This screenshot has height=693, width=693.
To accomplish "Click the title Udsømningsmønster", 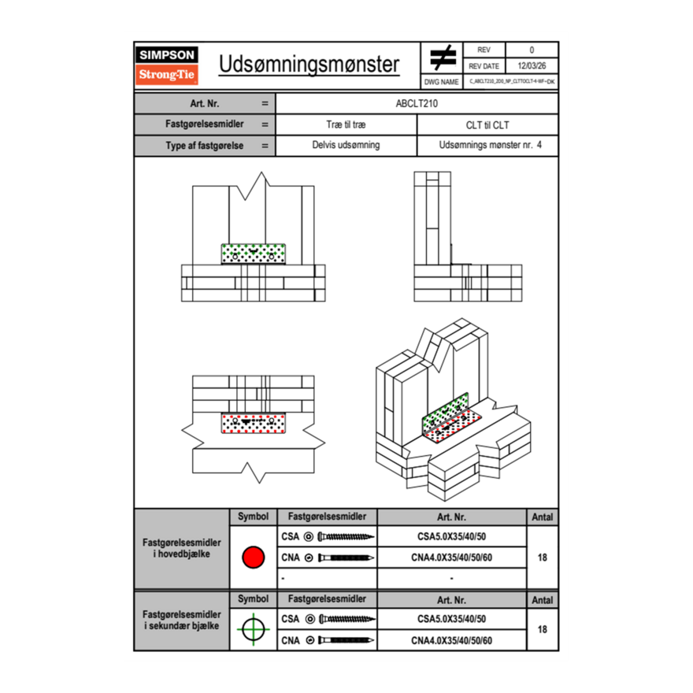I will point(309,65).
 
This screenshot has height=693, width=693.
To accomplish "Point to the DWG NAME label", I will point(441,81).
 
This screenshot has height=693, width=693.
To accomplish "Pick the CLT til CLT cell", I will point(487,124).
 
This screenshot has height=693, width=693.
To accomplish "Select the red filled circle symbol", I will point(253,558).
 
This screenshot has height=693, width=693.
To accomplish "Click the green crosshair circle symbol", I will point(253,629).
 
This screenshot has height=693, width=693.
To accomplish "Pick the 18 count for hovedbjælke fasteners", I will point(542,558).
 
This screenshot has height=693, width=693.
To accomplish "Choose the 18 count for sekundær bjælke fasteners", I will point(542,629).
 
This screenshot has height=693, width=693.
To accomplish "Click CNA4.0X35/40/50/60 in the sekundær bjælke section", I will point(451,640).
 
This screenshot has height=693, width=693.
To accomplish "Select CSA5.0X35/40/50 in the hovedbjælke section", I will point(451,536).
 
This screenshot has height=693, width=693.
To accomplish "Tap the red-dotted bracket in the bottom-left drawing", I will point(254,423).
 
